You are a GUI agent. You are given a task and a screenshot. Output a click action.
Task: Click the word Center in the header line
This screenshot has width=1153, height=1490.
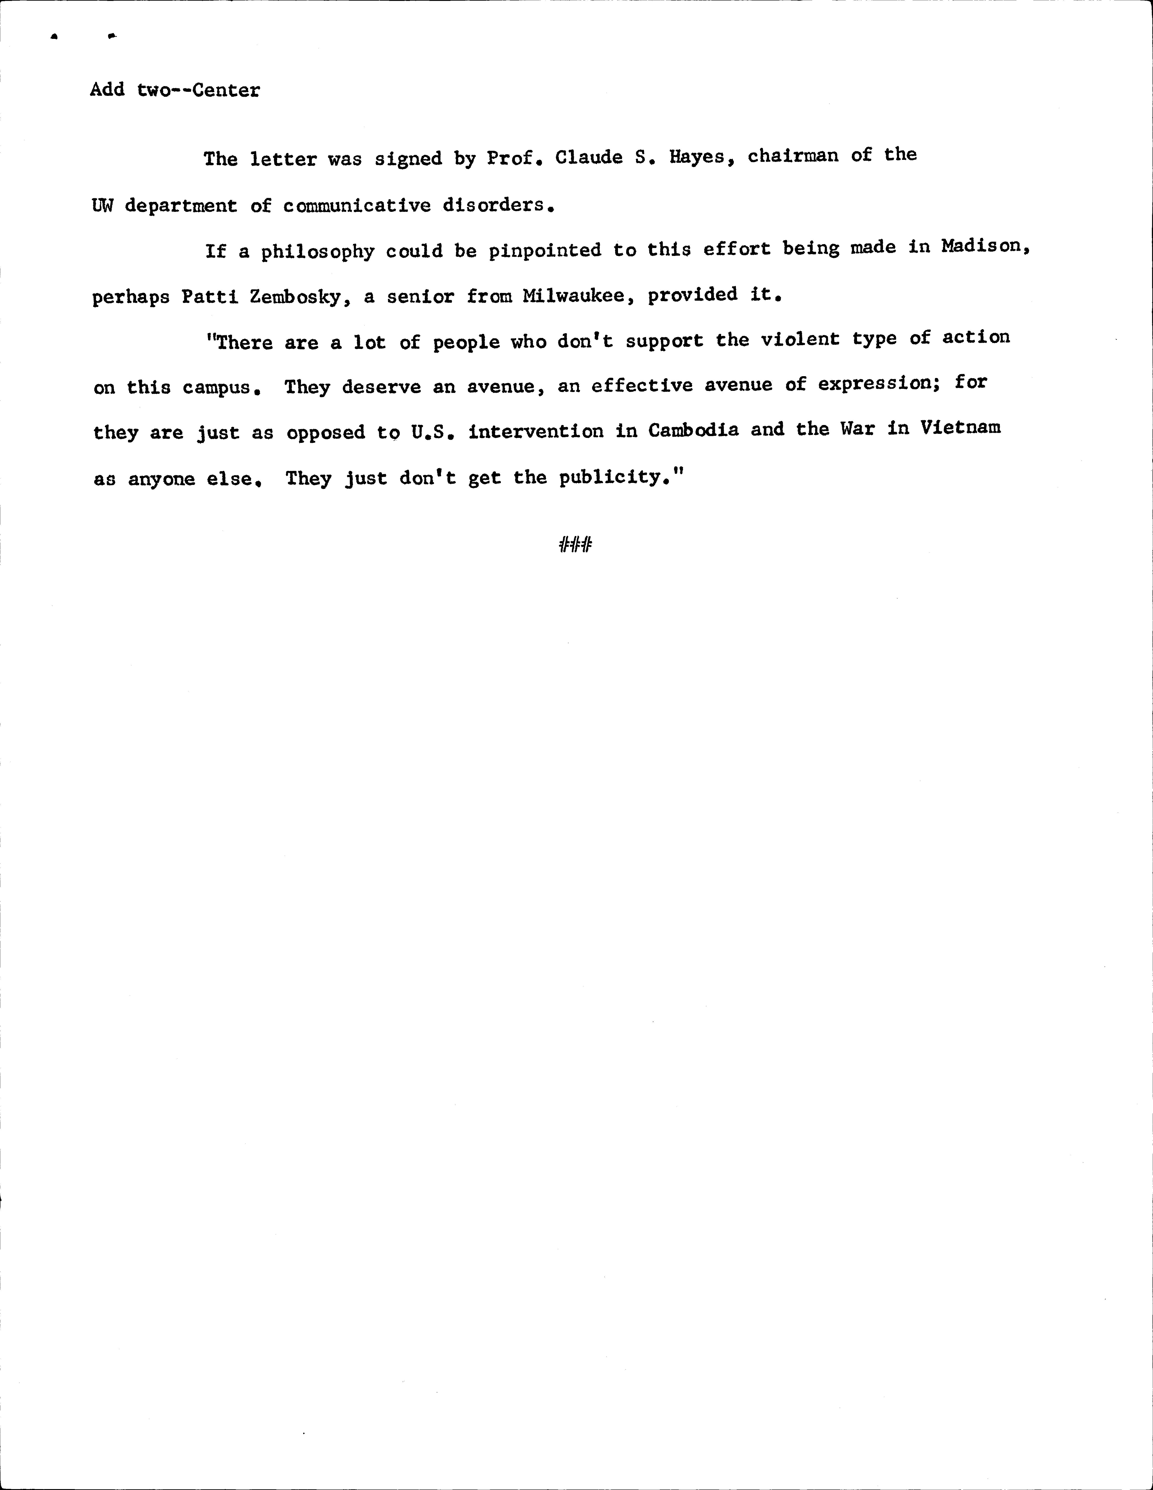(226, 90)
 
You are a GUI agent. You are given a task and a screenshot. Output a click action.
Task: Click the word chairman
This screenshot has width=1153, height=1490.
(793, 156)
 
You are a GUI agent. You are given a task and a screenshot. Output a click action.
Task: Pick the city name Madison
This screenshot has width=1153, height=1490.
(983, 247)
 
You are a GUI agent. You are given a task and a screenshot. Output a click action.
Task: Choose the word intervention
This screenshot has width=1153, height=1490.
(535, 431)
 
